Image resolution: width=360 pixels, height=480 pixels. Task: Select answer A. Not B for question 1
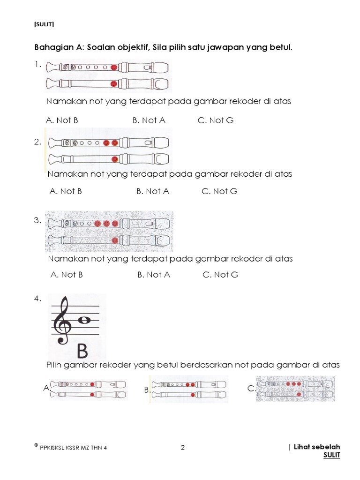click(x=62, y=120)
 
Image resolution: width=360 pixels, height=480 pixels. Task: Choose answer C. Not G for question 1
click(x=215, y=120)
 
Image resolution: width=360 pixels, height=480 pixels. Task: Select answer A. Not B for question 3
click(x=67, y=275)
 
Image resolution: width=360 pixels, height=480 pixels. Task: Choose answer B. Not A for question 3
click(x=154, y=275)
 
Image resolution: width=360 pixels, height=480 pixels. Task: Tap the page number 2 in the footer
click(x=183, y=448)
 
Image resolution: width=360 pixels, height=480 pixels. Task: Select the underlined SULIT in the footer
click(x=332, y=455)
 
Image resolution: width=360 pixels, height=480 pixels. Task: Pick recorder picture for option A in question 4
click(x=89, y=389)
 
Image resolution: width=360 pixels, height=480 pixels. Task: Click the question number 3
click(x=37, y=220)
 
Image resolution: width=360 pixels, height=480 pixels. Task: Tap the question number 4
click(x=37, y=299)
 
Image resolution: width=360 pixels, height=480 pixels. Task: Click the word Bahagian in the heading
click(x=51, y=47)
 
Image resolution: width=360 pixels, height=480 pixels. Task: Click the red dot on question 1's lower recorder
click(x=113, y=84)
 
